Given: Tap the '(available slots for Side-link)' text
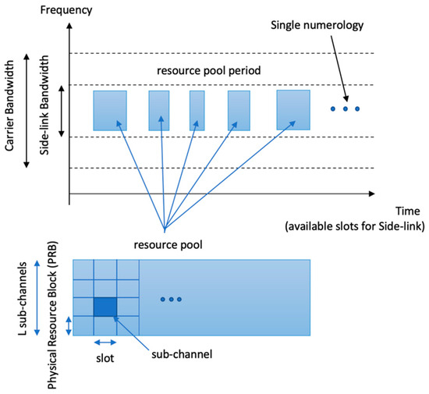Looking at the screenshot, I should [353, 226].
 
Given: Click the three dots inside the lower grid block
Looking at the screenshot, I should [171, 300].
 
